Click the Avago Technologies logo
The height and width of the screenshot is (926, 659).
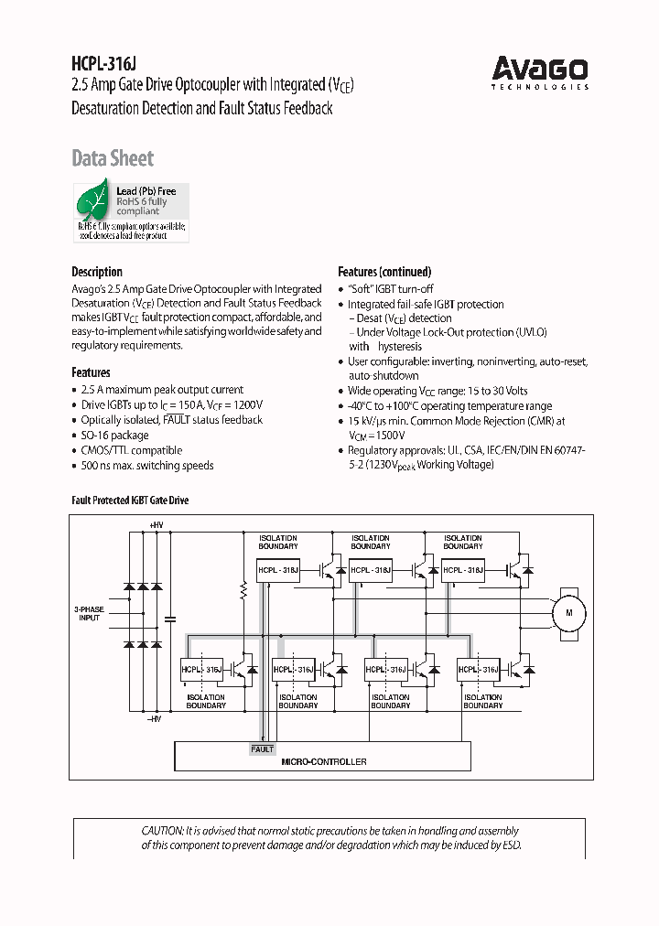540,71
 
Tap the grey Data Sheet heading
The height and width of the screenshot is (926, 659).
113,158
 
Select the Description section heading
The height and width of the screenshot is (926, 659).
97,272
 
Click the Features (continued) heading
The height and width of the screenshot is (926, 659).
384,272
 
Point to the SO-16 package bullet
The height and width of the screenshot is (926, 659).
114,436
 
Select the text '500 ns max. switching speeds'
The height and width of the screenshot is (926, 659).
146,466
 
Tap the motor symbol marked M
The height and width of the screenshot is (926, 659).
567,612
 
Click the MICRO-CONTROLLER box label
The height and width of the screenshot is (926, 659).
323,761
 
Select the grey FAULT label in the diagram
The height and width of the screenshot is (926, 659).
262,748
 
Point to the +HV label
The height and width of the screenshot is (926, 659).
157,524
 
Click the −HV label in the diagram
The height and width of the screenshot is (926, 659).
157,719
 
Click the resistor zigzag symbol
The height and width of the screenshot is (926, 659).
243,591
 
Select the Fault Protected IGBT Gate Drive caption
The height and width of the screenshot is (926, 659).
130,501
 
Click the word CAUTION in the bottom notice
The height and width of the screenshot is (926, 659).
162,830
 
